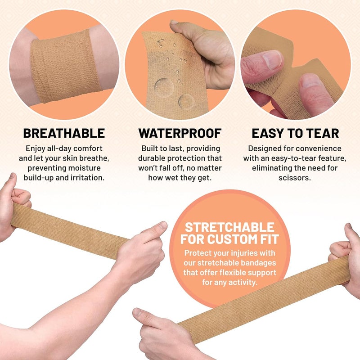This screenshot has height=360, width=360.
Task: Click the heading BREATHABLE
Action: point(64,133)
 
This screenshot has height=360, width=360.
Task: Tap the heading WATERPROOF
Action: point(180,133)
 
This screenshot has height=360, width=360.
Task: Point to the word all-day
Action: point(56,148)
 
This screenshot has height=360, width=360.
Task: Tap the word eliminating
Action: point(279,168)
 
